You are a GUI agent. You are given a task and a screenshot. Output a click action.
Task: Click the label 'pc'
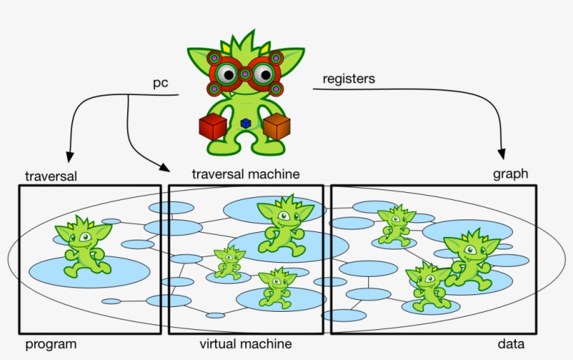tap(161, 83)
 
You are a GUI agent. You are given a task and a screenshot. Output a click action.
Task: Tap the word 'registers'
tap(349, 79)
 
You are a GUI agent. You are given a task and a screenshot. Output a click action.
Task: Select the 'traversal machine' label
tap(246, 174)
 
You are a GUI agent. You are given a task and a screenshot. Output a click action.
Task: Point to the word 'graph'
tap(511, 174)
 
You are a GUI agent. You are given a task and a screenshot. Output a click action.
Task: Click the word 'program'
tap(51, 344)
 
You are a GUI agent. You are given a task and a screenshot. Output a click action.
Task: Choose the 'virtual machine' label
tap(246, 344)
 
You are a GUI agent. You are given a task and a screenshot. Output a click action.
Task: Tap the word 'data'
tap(512, 344)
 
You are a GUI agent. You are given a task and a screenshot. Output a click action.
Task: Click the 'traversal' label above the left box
tap(50, 175)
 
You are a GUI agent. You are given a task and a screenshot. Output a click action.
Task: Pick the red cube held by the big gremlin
tap(210, 127)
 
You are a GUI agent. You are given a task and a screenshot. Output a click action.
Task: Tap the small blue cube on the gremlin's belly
tap(245, 123)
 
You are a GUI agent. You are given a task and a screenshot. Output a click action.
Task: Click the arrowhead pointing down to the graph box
tap(501, 152)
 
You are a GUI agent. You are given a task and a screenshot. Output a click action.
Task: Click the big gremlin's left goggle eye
tap(226, 73)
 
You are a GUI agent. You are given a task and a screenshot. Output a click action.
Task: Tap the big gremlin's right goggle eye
tap(263, 73)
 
